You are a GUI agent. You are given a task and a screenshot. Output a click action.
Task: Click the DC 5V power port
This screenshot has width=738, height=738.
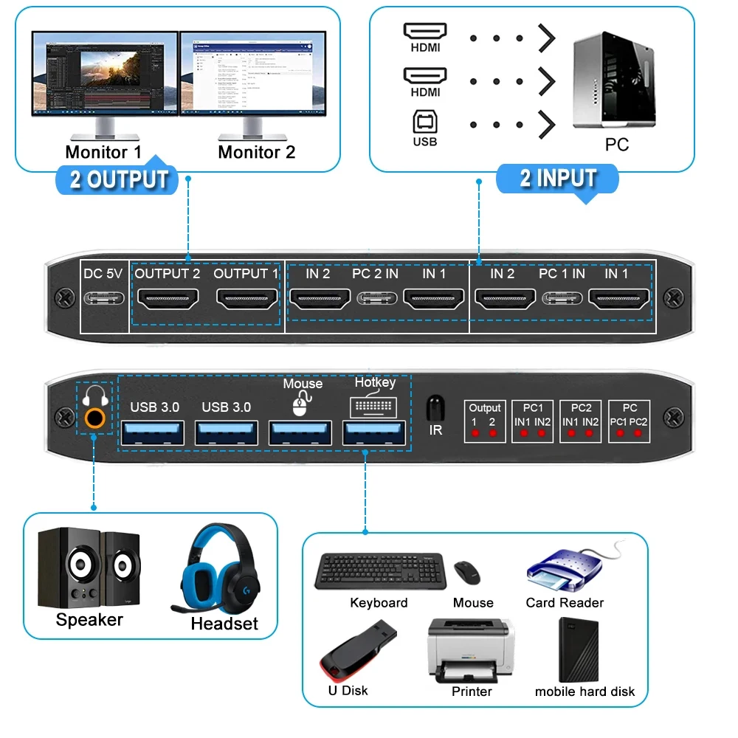point(104,299)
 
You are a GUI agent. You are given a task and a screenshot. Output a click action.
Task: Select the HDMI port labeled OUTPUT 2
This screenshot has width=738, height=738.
point(168,299)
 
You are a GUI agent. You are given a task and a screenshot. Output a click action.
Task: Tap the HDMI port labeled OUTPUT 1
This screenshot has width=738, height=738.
point(247,299)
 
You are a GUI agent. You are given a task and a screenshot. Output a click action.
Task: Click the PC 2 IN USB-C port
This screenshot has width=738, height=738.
point(375,299)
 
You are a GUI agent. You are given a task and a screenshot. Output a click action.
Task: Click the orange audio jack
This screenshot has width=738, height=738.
point(94,418)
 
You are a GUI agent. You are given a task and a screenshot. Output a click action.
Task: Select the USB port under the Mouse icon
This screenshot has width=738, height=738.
point(300,433)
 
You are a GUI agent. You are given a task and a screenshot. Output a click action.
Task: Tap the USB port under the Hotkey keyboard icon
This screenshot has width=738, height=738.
point(374,433)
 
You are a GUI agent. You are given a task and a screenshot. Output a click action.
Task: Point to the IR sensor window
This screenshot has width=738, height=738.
point(435,407)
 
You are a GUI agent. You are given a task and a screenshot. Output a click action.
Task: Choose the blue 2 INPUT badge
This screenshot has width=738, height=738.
point(558,179)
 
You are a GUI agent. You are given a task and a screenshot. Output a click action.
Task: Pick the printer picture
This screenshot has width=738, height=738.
point(471,649)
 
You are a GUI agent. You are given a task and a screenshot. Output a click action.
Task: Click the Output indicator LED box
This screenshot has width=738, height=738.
point(485,422)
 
